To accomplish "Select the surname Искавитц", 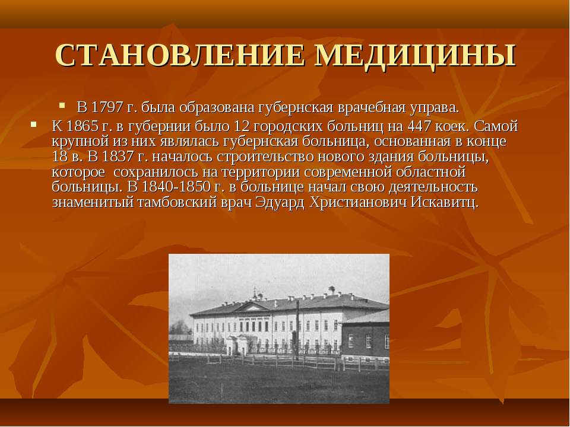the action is click(x=445, y=202).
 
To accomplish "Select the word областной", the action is click(x=431, y=172).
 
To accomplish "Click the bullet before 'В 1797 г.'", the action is click(x=62, y=106).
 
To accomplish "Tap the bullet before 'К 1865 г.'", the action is click(x=34, y=125).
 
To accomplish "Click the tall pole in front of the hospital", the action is click(x=297, y=330).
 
